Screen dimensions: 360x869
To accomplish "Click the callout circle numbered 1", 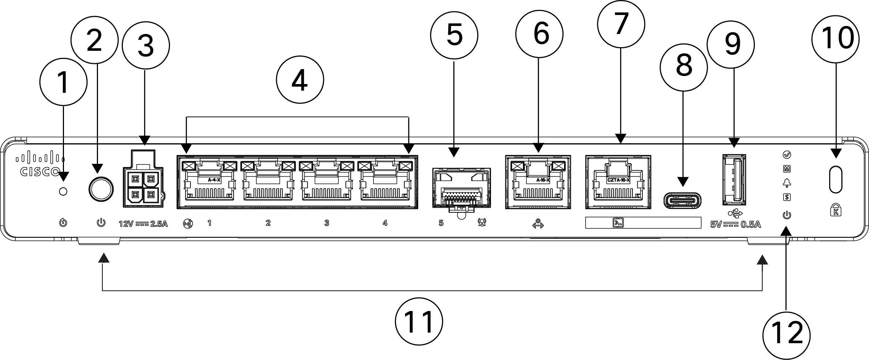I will tap(63, 82).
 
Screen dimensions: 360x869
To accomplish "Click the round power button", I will tap(101, 189).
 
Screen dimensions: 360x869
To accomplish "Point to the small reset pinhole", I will tap(63, 191).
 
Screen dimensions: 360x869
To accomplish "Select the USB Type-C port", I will tap(682, 201).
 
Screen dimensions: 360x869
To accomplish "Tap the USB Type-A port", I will tap(734, 179).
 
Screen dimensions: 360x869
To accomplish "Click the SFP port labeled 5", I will tap(461, 188).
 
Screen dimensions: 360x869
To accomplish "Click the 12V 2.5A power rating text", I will tap(143, 224).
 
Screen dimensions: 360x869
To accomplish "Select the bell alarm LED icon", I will tap(787, 183).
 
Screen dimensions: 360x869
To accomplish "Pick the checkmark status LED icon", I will tap(787, 155).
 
